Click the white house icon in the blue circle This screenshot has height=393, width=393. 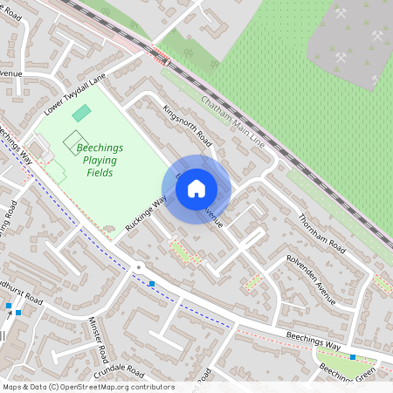(196, 188)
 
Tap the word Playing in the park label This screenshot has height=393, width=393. (101, 161)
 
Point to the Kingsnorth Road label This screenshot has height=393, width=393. (188, 126)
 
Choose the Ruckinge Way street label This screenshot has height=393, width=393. (145, 213)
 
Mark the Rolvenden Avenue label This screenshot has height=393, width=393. (312, 279)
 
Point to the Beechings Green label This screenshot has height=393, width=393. (348, 373)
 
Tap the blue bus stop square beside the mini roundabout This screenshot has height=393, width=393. (152, 283)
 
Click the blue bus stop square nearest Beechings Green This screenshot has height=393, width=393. (353, 356)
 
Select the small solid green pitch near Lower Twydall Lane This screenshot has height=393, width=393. (80, 114)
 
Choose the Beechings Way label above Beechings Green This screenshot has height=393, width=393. (314, 341)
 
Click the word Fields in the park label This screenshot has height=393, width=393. (101, 173)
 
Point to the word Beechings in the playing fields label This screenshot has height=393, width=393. (100, 148)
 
